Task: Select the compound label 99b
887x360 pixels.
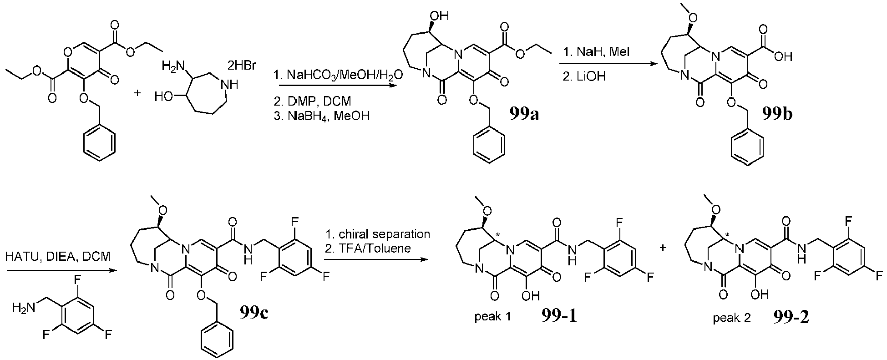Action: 777,114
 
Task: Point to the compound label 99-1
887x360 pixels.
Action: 559,316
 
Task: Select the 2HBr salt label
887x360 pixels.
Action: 242,66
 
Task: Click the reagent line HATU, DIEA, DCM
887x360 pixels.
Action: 58,257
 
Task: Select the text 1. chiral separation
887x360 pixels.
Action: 378,234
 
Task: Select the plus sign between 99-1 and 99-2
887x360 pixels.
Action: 663,248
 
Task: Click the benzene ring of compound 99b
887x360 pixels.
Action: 747,150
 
